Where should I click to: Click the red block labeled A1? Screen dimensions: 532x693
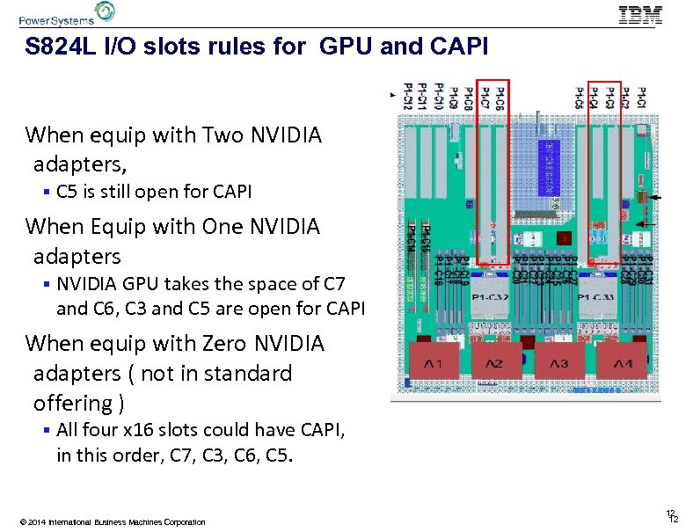coord(434,362)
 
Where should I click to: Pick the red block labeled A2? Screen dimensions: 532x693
coord(496,362)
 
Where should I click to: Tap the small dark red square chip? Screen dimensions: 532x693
coord(564,238)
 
